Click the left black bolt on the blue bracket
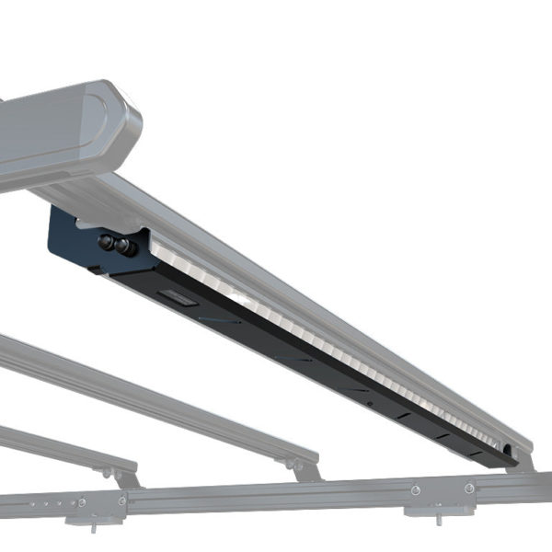(106, 243)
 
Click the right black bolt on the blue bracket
(126, 247)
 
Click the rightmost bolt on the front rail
(469, 488)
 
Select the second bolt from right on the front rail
(416, 489)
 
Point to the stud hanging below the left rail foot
(95, 527)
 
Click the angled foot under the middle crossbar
(305, 469)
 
